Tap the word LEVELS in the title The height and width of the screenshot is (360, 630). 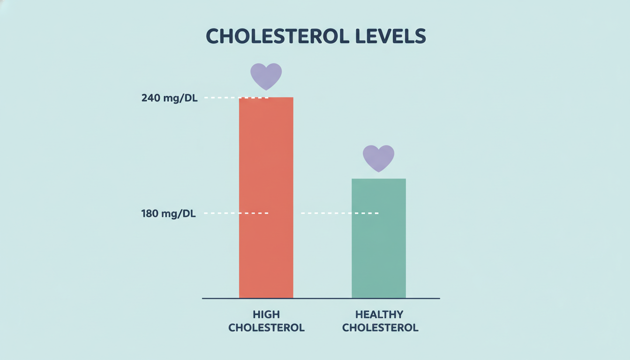tap(390, 36)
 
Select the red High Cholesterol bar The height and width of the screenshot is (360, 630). tap(266, 197)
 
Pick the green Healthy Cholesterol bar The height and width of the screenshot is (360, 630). tap(379, 238)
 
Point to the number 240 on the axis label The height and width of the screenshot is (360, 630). tap(151, 98)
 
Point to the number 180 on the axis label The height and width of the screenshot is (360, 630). tap(150, 213)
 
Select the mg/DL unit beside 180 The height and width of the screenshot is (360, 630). tap(179, 214)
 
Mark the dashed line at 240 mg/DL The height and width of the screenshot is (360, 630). tap(236, 98)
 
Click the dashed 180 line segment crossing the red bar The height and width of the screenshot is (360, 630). tap(236, 213)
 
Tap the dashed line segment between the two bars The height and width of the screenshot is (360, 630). tap(340, 213)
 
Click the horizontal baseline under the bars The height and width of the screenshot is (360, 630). tap(321, 299)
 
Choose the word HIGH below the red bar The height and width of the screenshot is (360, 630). tap(266, 314)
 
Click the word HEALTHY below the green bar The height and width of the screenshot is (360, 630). tap(379, 314)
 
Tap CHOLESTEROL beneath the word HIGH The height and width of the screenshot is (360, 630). tap(266, 328)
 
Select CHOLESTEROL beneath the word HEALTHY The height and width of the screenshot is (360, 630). tap(380, 328)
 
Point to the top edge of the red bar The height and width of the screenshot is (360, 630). tap(266, 97)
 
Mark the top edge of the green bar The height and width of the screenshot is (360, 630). tap(379, 179)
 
